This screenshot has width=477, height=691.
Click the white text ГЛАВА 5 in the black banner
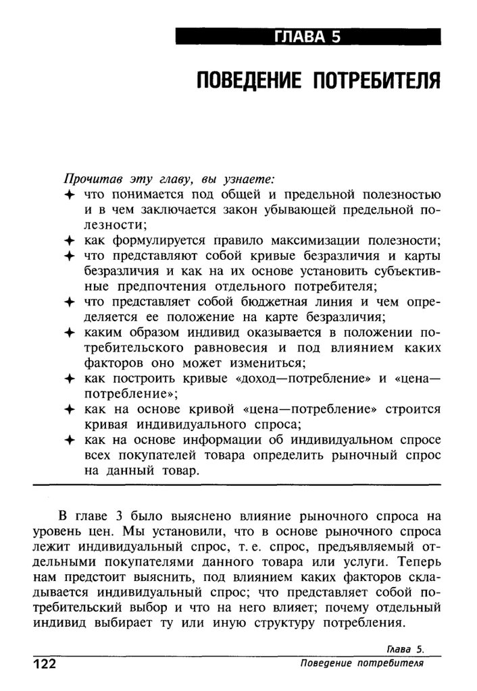(x=307, y=38)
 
